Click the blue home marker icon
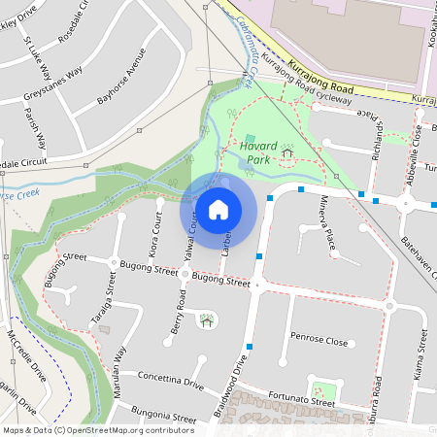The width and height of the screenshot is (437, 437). pyautogui.click(x=218, y=210)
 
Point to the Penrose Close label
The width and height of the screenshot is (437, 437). pyautogui.click(x=319, y=342)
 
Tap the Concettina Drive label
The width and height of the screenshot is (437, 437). pyautogui.click(x=170, y=379)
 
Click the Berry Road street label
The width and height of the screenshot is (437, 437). pyautogui.click(x=177, y=313)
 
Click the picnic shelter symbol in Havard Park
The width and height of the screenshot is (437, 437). pyautogui.click(x=287, y=152)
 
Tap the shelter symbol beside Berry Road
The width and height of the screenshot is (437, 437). pyautogui.click(x=206, y=320)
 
